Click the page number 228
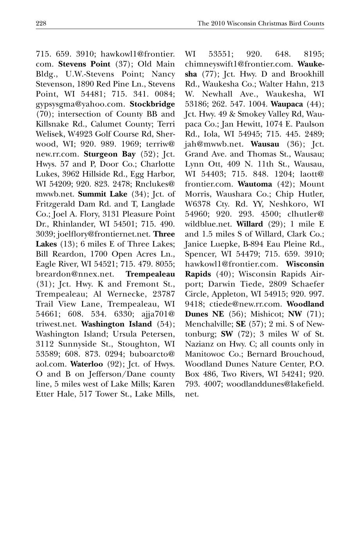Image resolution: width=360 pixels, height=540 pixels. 41,23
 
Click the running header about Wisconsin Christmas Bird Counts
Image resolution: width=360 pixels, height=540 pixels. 261,23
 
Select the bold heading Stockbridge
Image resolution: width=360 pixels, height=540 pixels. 152,104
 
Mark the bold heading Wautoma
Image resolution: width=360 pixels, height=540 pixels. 255,184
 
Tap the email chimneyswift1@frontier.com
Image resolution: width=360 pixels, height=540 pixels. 239,64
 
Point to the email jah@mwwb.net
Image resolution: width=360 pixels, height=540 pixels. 214,144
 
